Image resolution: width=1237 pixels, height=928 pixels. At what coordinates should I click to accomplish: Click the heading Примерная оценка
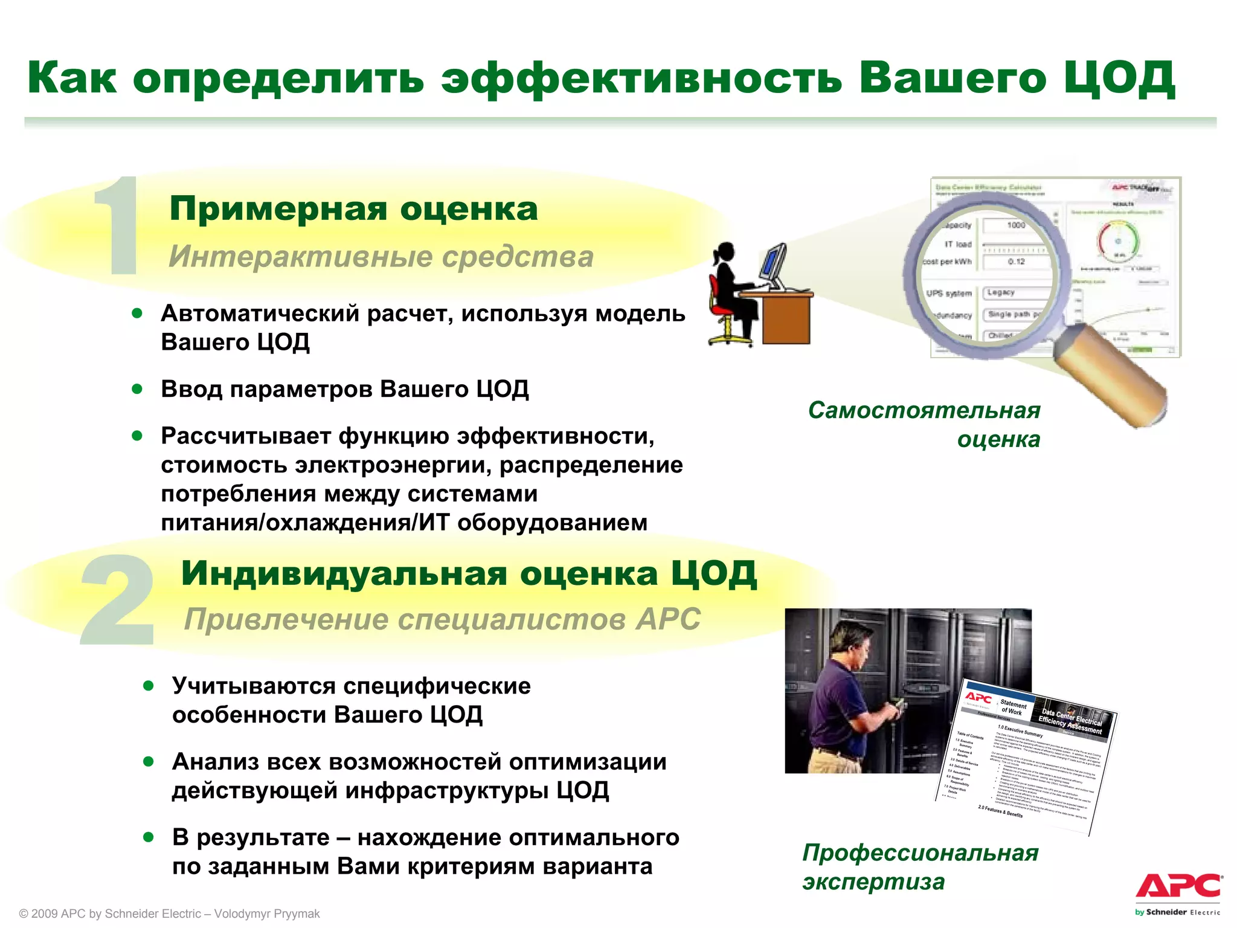(353, 209)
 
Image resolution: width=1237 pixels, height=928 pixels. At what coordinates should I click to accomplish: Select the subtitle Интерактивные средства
(381, 256)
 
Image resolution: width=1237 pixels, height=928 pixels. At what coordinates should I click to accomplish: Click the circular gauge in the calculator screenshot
(1119, 240)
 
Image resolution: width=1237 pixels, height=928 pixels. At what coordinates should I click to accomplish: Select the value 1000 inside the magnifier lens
(1016, 225)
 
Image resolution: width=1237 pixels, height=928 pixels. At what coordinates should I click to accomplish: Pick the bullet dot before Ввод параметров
(137, 388)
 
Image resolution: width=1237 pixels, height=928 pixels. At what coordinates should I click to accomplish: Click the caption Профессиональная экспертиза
(919, 867)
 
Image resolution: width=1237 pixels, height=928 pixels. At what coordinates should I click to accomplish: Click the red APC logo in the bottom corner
(1178, 887)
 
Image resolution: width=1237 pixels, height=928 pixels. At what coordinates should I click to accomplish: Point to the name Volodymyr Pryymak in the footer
(267, 913)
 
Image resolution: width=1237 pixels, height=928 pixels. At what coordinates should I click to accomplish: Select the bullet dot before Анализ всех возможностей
(149, 761)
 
